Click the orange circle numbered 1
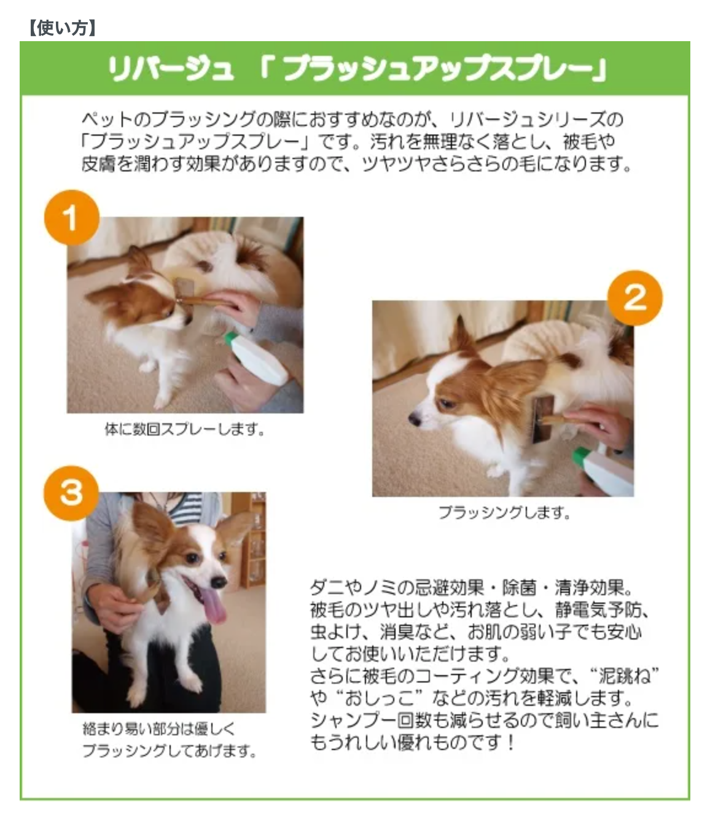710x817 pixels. point(72,217)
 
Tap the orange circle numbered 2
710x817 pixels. point(634,298)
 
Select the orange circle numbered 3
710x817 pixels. point(71,493)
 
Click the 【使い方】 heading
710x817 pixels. point(62,28)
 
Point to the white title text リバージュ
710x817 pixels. point(171,69)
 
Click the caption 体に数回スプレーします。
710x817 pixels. point(185,429)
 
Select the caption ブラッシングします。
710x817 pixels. point(504,512)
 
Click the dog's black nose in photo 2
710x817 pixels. point(414,419)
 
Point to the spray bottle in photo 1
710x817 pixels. point(257,358)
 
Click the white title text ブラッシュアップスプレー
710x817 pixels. point(437,69)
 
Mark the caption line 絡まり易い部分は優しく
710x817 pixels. point(159,729)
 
